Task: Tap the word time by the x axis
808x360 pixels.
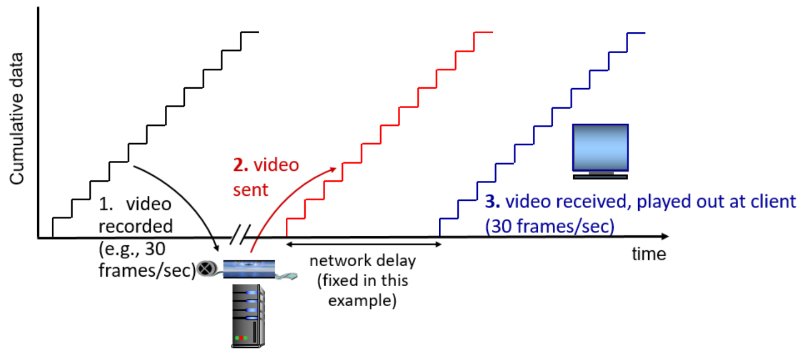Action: coord(649,255)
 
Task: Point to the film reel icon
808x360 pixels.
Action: coord(206,268)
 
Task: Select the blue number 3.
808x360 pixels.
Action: coord(490,201)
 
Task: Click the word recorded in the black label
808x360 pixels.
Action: coord(136,226)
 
